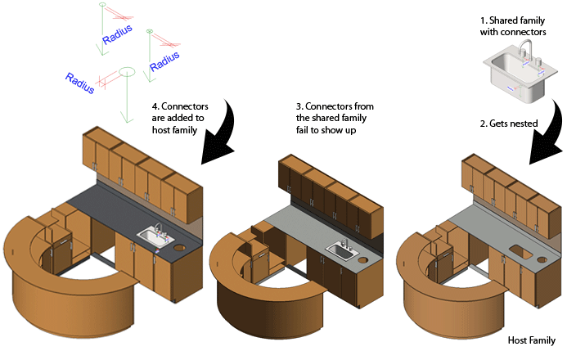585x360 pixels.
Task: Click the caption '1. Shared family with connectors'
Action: coord(512,25)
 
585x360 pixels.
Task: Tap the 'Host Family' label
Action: coord(531,340)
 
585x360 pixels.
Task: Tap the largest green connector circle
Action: coord(126,73)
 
